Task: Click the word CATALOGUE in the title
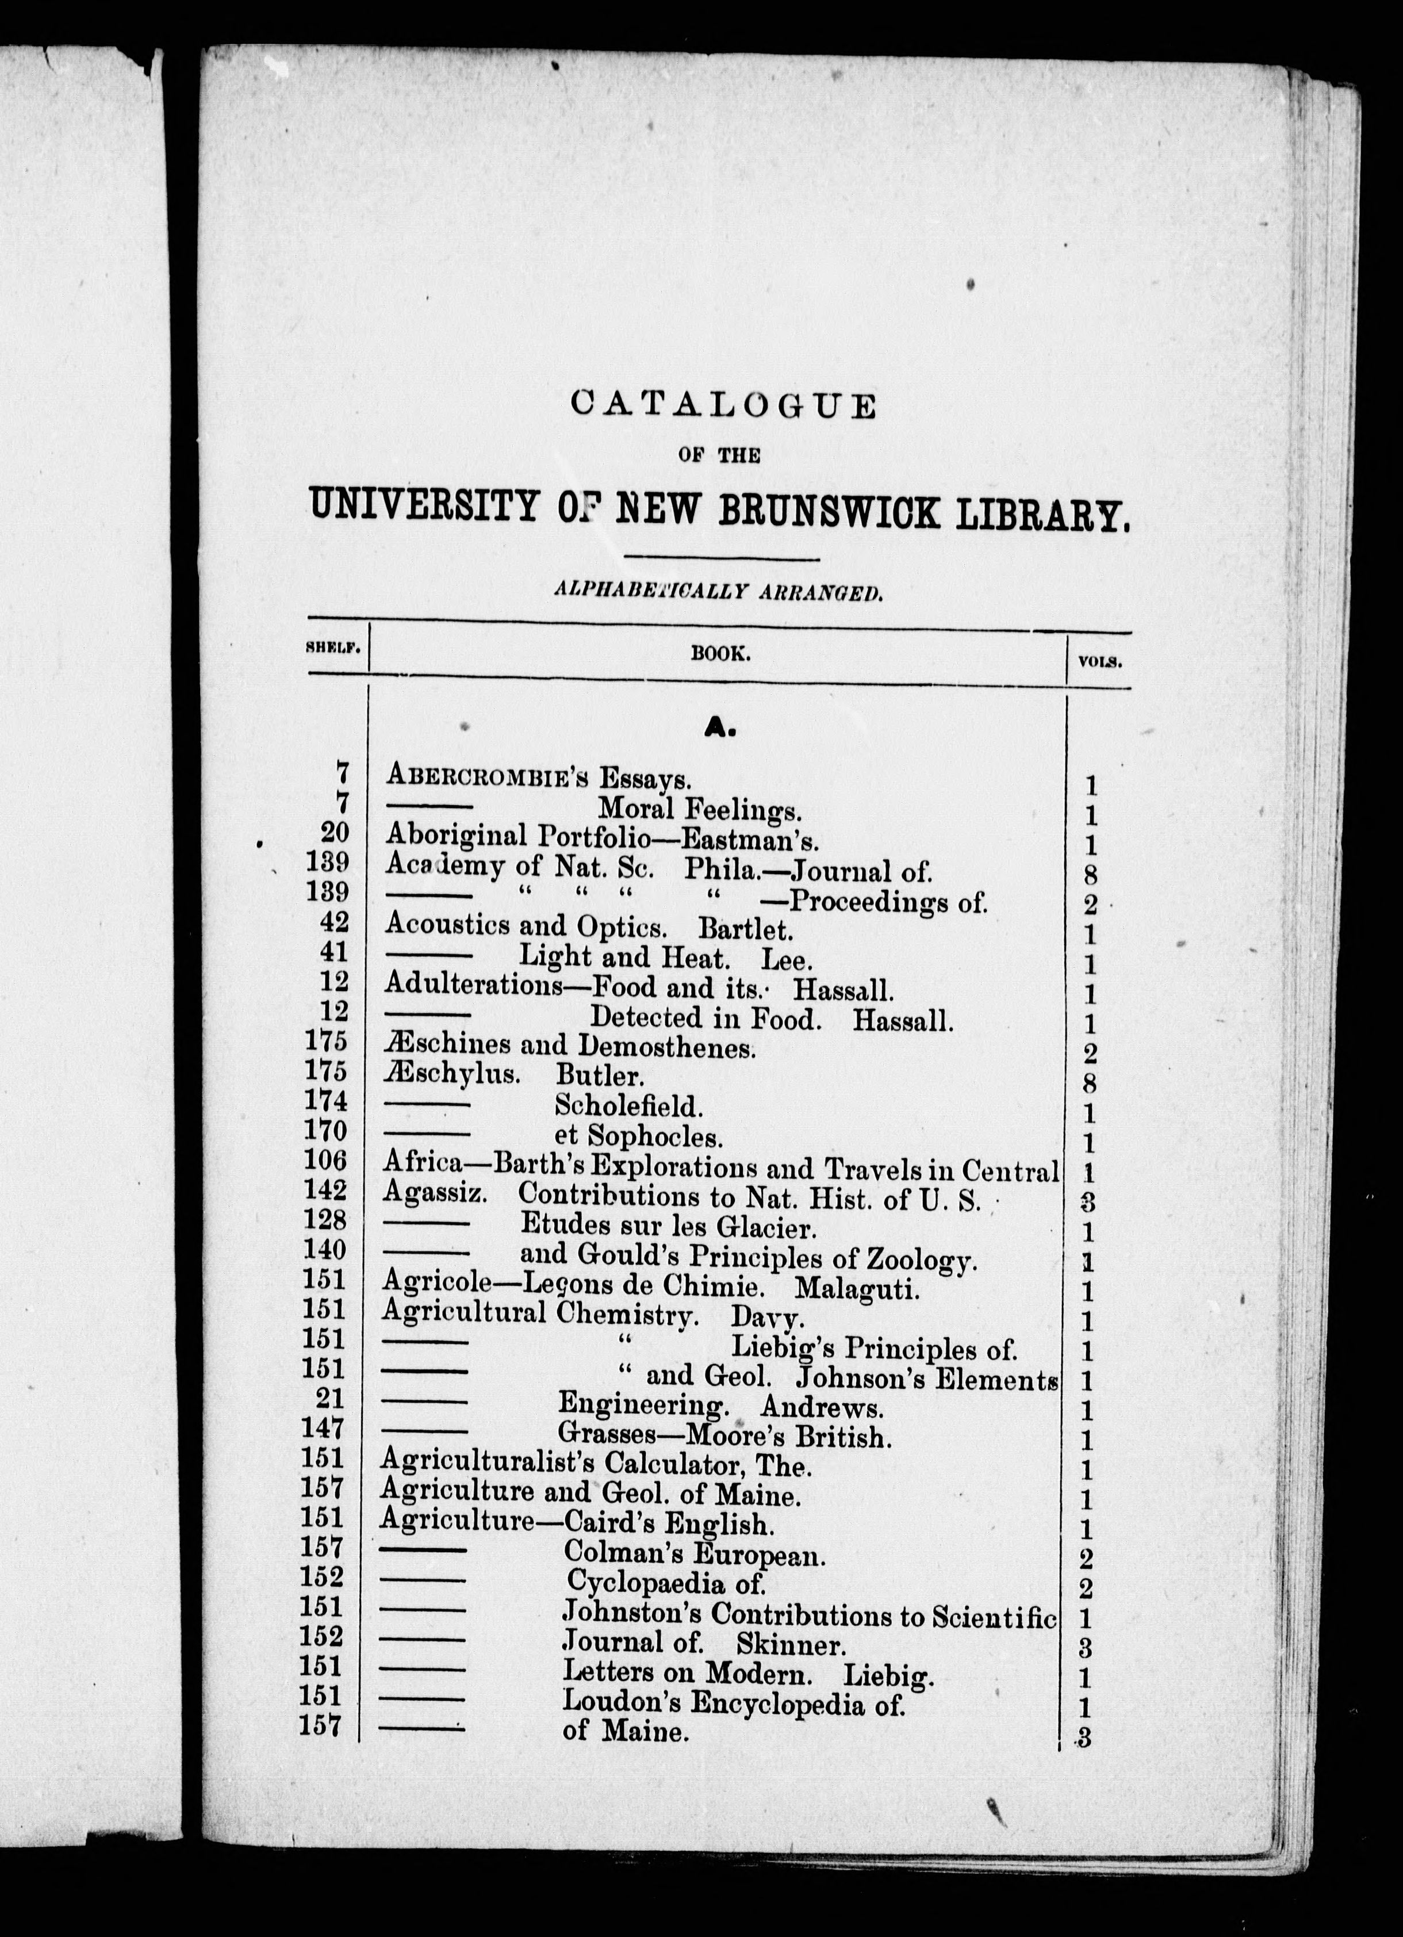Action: [722, 405]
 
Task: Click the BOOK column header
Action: [720, 655]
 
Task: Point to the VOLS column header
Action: [1100, 661]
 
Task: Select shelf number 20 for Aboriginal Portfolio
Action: [335, 833]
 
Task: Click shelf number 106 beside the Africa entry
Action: [326, 1161]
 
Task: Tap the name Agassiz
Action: [435, 1192]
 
